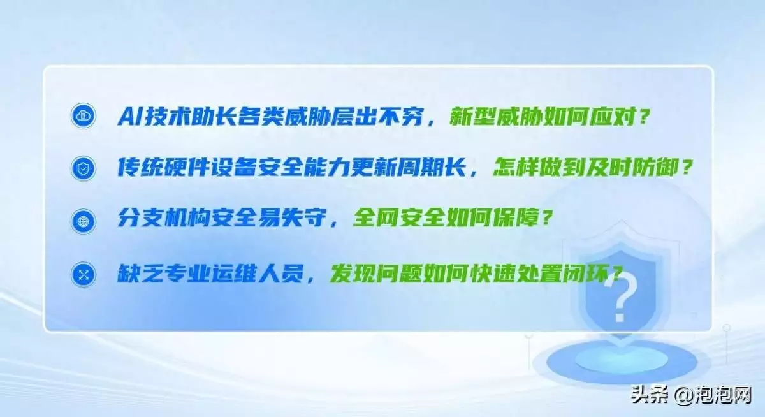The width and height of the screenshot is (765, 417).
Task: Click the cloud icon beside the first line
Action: pos(83,115)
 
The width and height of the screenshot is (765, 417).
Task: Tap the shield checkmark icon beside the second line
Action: pos(83,168)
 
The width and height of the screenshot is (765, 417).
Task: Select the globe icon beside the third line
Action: pos(83,221)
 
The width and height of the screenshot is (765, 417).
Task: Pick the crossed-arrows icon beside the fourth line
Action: pos(83,275)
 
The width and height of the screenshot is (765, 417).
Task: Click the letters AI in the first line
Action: pos(131,117)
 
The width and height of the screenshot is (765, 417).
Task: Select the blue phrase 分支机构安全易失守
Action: pos(222,217)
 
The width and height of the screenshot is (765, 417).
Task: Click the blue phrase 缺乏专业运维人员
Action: pos(210,274)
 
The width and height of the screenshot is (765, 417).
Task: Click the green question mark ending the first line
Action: pos(644,117)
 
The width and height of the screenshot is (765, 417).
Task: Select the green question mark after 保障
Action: pos(547,217)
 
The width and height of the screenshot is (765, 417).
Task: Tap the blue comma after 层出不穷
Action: pos(432,122)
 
